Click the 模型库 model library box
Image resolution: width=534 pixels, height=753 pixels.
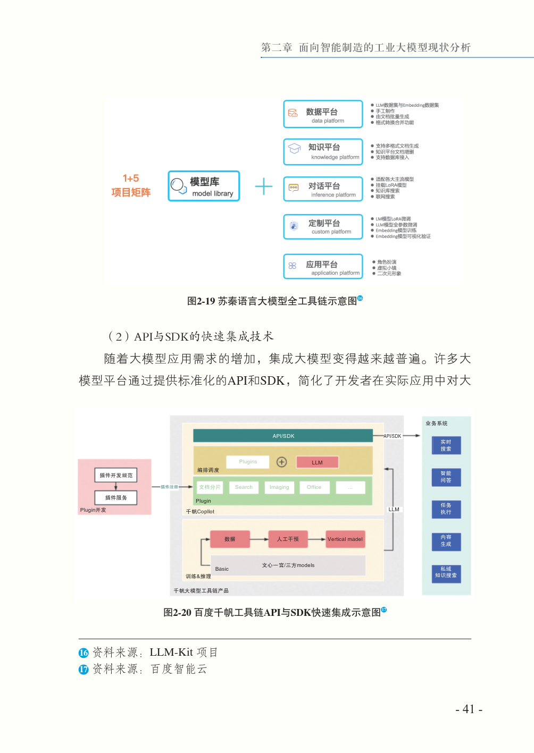pos(204,186)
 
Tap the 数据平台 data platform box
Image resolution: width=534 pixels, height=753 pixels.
pos(323,114)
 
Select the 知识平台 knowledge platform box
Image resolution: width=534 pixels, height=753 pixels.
pos(323,151)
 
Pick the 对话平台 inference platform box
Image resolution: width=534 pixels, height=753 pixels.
pos(323,189)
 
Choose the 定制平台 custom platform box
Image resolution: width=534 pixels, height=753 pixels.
pos(323,227)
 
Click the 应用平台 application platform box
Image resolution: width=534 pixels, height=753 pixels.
pos(323,267)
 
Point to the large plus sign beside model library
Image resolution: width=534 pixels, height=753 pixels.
pos(264,187)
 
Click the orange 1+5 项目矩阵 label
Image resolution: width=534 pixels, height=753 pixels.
pos(131,185)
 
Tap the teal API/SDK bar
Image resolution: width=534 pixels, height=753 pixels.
pos(283,436)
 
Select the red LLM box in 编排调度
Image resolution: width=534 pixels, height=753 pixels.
pos(317,462)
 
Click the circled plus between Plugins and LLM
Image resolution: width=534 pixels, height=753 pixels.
pos(282,462)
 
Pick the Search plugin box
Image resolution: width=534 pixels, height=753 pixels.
pos(244,487)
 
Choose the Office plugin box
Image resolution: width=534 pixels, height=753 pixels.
pos(314,487)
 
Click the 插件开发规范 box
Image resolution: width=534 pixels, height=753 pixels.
pos(116,475)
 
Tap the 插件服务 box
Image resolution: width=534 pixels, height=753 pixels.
pos(116,498)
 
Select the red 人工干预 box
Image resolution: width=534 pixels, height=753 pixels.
pos(288,539)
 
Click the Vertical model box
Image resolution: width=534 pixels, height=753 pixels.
pos(345,539)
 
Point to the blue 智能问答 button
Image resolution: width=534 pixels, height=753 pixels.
pos(446,477)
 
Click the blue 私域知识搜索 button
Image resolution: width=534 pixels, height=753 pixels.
pos(446,572)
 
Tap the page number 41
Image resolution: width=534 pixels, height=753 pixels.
pos(469,709)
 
